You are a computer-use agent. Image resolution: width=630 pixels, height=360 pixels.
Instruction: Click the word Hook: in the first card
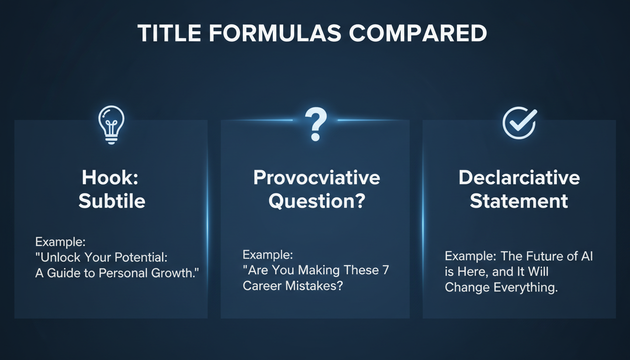point(112,178)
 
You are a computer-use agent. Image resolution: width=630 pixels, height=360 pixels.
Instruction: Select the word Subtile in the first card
point(112,201)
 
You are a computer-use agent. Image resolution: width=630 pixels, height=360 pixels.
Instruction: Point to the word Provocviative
point(316,178)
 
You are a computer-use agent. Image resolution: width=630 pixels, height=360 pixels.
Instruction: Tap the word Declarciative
point(519,178)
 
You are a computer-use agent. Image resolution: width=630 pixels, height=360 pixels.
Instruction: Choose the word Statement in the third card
point(519,202)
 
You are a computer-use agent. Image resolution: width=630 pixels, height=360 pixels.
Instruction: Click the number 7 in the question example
point(385,270)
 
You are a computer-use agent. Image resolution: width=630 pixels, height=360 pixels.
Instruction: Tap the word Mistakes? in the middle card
point(315,286)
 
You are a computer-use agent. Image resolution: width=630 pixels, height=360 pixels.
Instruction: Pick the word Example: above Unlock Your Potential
point(60,242)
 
